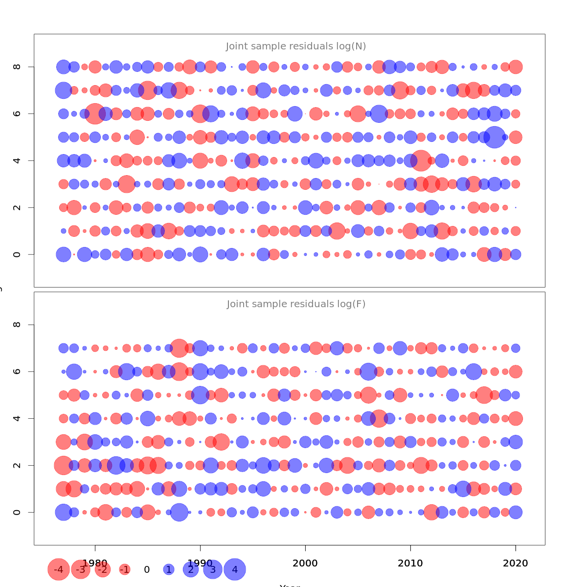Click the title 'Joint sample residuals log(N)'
(x=296, y=46)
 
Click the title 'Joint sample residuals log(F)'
(x=296, y=304)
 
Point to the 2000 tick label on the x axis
(x=305, y=563)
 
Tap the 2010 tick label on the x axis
(x=410, y=563)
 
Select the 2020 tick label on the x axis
(x=516, y=563)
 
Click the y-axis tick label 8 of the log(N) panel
(x=17, y=67)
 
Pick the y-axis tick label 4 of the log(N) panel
(x=17, y=160)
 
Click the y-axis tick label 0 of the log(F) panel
(x=17, y=512)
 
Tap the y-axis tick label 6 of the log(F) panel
(x=17, y=371)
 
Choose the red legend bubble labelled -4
(x=58, y=569)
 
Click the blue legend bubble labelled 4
(x=235, y=569)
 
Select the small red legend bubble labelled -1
(x=125, y=569)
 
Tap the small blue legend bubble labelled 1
(x=169, y=569)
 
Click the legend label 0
(x=147, y=569)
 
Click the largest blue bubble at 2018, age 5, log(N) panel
(x=495, y=137)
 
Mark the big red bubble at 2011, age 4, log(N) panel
(x=421, y=160)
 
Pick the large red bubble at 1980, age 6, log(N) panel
(x=95, y=113)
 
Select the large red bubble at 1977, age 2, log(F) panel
(x=63, y=465)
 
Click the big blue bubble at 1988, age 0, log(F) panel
(x=179, y=512)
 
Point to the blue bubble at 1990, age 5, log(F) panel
(x=200, y=395)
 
